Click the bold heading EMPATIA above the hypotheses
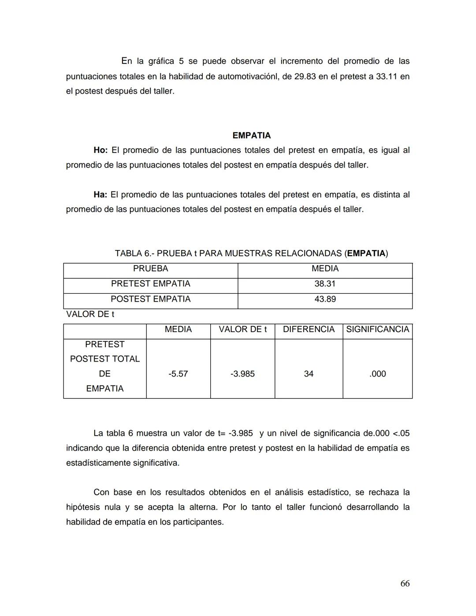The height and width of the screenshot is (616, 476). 251,135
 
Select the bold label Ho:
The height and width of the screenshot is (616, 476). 100,150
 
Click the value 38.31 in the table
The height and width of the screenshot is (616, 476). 325,284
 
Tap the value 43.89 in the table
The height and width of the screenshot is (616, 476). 325,299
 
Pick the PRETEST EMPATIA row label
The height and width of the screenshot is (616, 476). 150,284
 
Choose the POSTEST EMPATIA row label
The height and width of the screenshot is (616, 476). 150,299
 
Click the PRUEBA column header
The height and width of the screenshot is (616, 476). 150,269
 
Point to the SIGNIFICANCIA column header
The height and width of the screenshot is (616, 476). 377,329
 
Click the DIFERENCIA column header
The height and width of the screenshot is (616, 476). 309,329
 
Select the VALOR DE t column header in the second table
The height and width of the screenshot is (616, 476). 242,329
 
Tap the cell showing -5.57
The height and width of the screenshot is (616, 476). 178,374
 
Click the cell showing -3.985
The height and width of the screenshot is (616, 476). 242,374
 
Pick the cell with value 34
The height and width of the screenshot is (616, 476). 309,374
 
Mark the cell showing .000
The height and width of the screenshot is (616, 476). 377,374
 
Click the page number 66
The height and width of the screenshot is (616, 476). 405,583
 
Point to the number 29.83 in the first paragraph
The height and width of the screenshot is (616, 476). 305,77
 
